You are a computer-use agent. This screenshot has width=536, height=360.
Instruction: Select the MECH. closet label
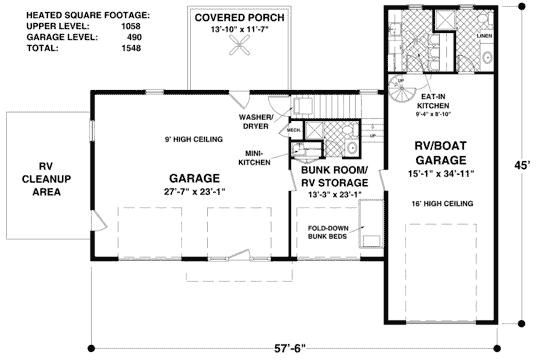tap(294, 130)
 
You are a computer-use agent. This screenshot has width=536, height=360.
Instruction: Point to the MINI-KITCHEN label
tap(260, 157)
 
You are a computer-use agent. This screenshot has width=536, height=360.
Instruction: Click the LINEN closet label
tap(485, 36)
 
